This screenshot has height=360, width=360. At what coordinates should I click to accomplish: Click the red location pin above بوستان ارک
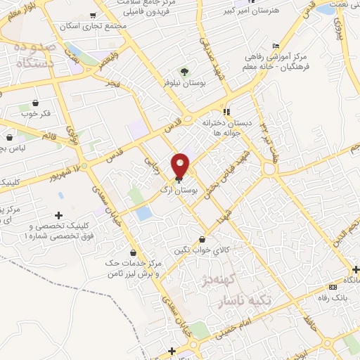(181, 165)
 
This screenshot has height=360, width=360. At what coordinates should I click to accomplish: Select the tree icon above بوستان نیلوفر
(185, 72)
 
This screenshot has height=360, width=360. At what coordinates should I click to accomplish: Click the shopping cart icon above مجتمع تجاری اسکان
(93, 15)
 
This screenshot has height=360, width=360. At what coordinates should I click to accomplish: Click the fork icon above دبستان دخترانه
(226, 111)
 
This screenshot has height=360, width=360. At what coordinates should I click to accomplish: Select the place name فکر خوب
(36, 113)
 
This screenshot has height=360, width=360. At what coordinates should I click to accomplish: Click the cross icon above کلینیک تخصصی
(58, 215)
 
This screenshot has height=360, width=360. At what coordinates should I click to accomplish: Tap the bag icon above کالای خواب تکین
(203, 238)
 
